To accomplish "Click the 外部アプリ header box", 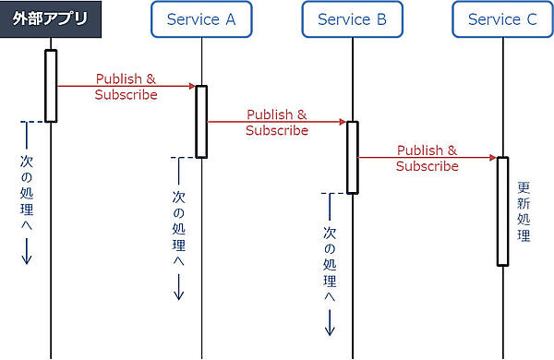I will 50,19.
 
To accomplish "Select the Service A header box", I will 201,19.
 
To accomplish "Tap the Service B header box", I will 352,19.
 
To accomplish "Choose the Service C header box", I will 502,19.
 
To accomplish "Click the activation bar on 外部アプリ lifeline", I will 51,85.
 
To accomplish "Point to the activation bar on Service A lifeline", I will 201,121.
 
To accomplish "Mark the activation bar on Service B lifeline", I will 352,157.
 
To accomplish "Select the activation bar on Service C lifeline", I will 503,210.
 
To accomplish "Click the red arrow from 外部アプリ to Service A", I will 126,86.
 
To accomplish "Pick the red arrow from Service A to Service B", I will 276,122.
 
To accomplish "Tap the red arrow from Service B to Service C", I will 427,158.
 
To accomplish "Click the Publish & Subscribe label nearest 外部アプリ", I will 126,87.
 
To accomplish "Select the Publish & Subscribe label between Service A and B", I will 277,123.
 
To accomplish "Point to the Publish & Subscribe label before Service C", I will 428,159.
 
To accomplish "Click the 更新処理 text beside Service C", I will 524,211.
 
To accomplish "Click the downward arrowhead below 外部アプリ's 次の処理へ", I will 27,259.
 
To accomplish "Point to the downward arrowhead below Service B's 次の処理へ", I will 330,330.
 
